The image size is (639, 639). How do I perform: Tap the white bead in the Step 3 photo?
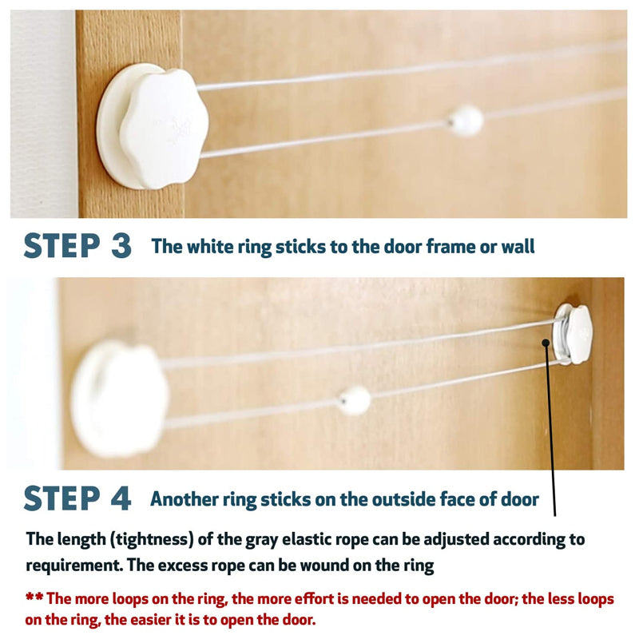[x=466, y=121]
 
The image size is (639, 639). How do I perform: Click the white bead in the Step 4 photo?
[x=355, y=400]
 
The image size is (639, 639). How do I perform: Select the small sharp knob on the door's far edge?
[x=573, y=334]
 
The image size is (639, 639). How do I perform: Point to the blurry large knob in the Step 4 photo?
[x=119, y=398]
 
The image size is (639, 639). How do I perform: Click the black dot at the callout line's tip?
[x=546, y=343]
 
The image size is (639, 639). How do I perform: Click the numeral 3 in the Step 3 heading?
[x=121, y=246]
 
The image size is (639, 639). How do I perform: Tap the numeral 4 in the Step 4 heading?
[x=121, y=498]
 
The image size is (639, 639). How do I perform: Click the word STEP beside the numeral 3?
[x=62, y=246]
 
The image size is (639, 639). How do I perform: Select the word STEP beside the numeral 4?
[x=62, y=498]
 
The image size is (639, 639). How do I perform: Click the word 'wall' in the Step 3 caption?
[x=518, y=247]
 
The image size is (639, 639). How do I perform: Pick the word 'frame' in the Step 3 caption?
[x=450, y=247]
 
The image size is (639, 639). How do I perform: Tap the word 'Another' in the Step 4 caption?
[x=185, y=499]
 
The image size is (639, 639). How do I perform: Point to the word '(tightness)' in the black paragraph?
[x=152, y=540]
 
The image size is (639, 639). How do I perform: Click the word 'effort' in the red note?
[x=312, y=598]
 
